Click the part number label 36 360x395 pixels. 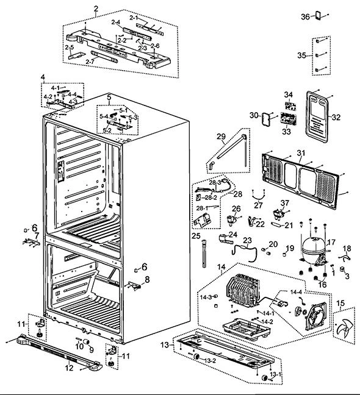(x=305, y=16)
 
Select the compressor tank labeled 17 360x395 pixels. (x=314, y=247)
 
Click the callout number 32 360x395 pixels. (x=336, y=117)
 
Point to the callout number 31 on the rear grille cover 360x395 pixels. (x=301, y=152)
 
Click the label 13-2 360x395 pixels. (x=210, y=361)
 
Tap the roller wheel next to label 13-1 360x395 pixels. (x=265, y=377)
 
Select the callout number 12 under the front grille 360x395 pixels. (x=69, y=368)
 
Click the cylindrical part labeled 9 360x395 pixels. (x=86, y=341)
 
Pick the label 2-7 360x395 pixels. (x=90, y=62)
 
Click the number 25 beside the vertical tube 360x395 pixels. (x=196, y=236)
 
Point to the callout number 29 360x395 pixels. (x=221, y=137)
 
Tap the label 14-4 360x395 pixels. (x=296, y=292)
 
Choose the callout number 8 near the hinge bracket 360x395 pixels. (x=147, y=279)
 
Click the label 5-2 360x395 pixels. (x=107, y=130)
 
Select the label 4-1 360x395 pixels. (x=55, y=88)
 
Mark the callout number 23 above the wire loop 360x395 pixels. (x=248, y=240)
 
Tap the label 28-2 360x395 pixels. (x=211, y=197)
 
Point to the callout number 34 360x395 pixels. (x=289, y=94)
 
